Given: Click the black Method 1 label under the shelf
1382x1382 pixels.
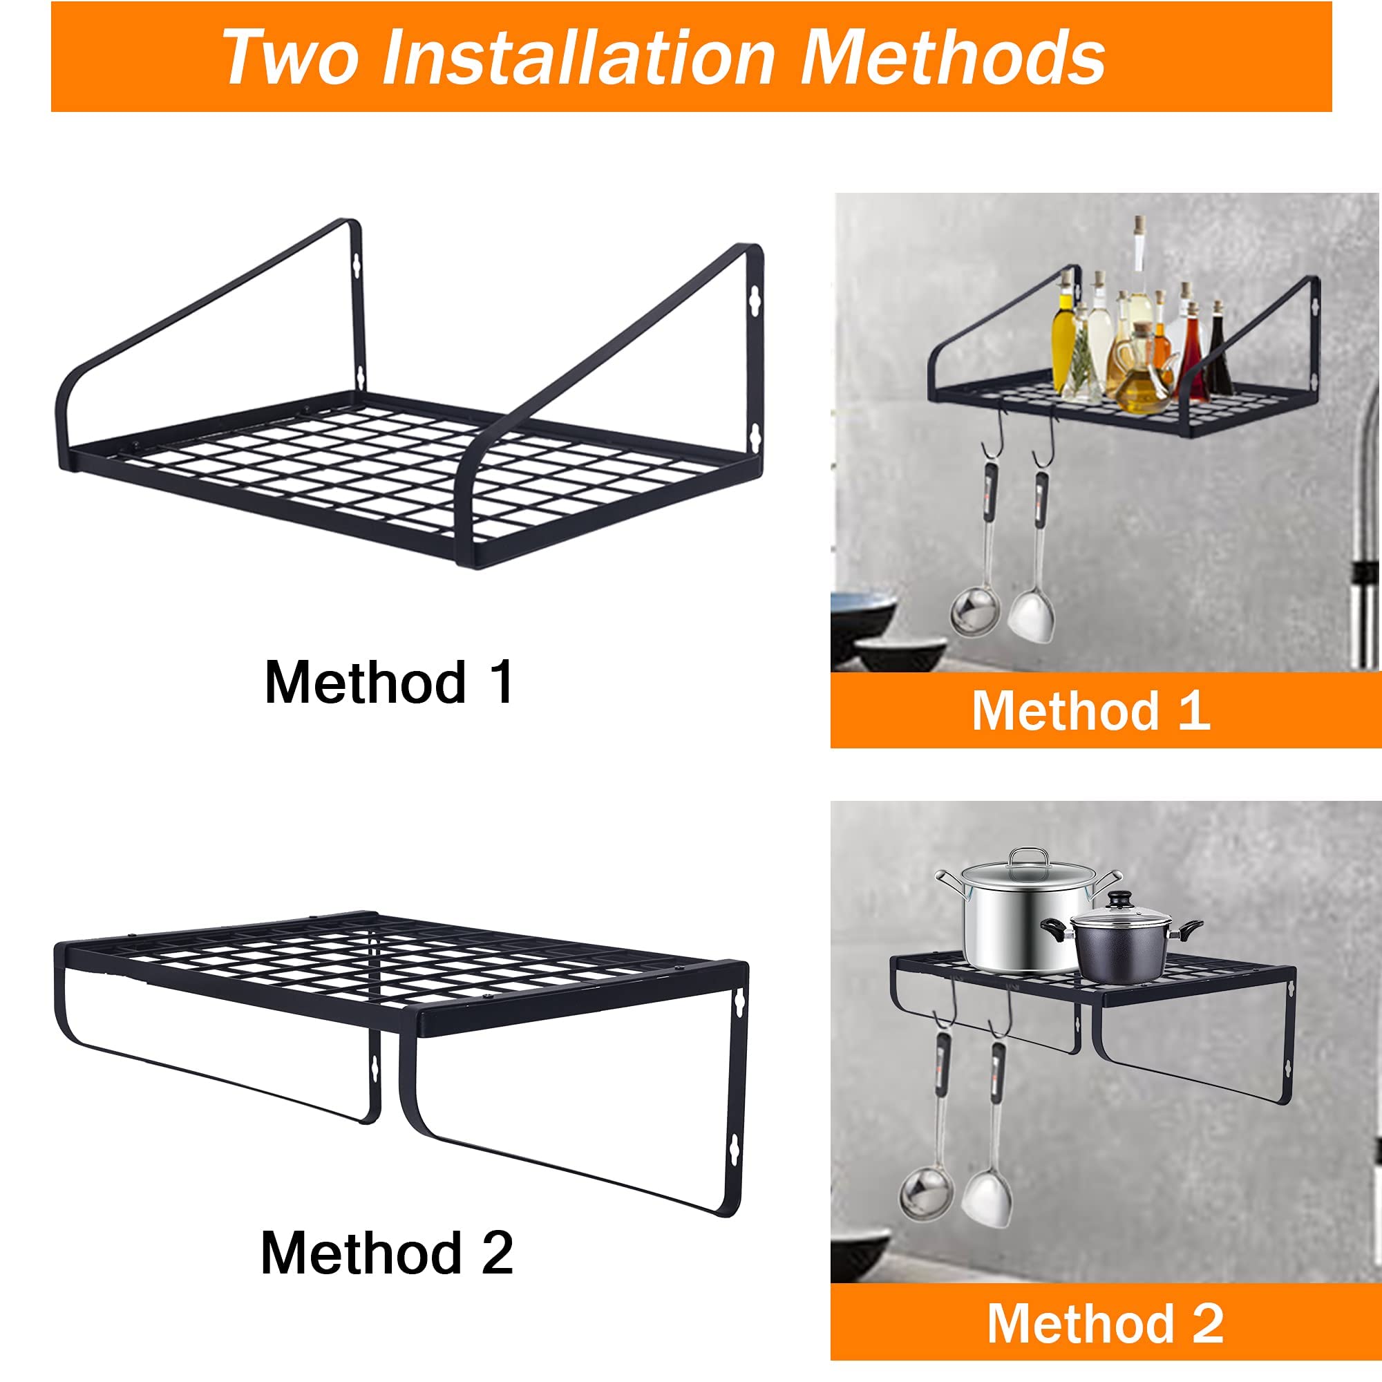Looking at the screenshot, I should click(x=388, y=683).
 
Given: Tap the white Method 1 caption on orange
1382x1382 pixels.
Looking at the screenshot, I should click(x=1091, y=710).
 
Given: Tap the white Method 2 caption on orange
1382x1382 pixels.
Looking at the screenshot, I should click(x=1105, y=1323).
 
